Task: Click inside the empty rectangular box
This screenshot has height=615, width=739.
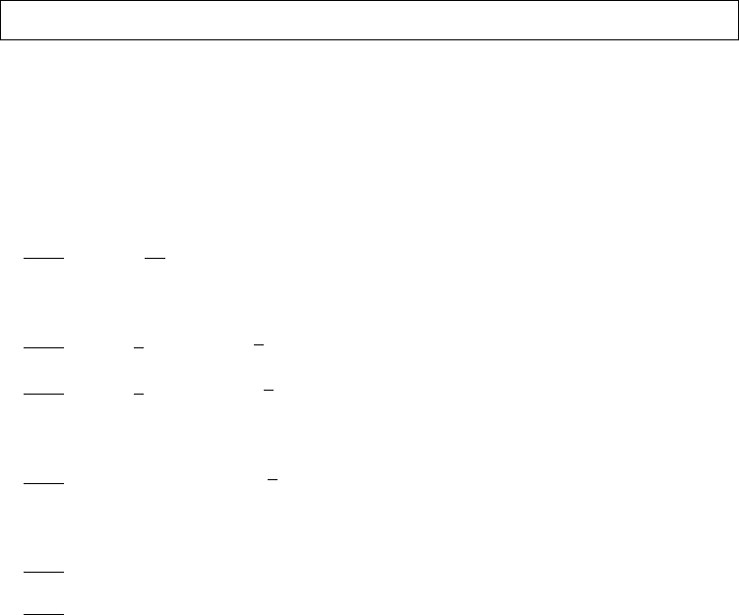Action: point(369,20)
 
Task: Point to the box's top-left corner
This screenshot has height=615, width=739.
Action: point(1,1)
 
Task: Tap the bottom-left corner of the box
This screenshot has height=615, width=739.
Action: point(1,39)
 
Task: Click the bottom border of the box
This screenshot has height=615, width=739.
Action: point(369,39)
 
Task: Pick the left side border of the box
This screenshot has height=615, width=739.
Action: point(1,20)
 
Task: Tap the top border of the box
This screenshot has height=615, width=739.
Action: point(369,1)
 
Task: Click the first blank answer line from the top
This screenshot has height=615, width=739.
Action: point(43,259)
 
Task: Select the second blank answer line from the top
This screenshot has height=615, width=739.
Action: point(43,348)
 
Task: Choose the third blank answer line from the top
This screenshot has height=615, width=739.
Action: point(43,394)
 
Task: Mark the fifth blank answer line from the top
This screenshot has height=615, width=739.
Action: point(43,572)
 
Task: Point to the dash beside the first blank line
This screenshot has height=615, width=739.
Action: point(154,259)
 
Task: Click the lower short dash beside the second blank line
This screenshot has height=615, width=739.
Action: point(139,348)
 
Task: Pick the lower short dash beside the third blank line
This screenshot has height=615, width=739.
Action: point(139,394)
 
